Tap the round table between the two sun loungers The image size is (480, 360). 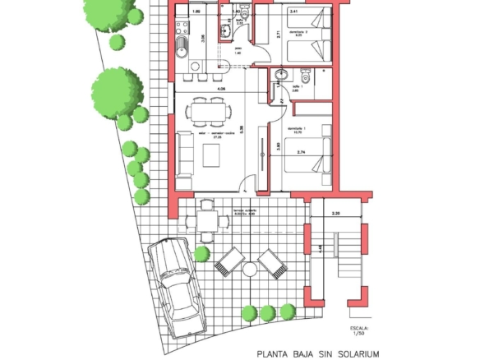pos(249,268)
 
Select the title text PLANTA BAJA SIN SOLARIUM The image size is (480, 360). pos(318,354)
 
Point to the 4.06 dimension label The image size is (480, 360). pos(221,88)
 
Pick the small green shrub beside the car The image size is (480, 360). pos(201,254)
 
